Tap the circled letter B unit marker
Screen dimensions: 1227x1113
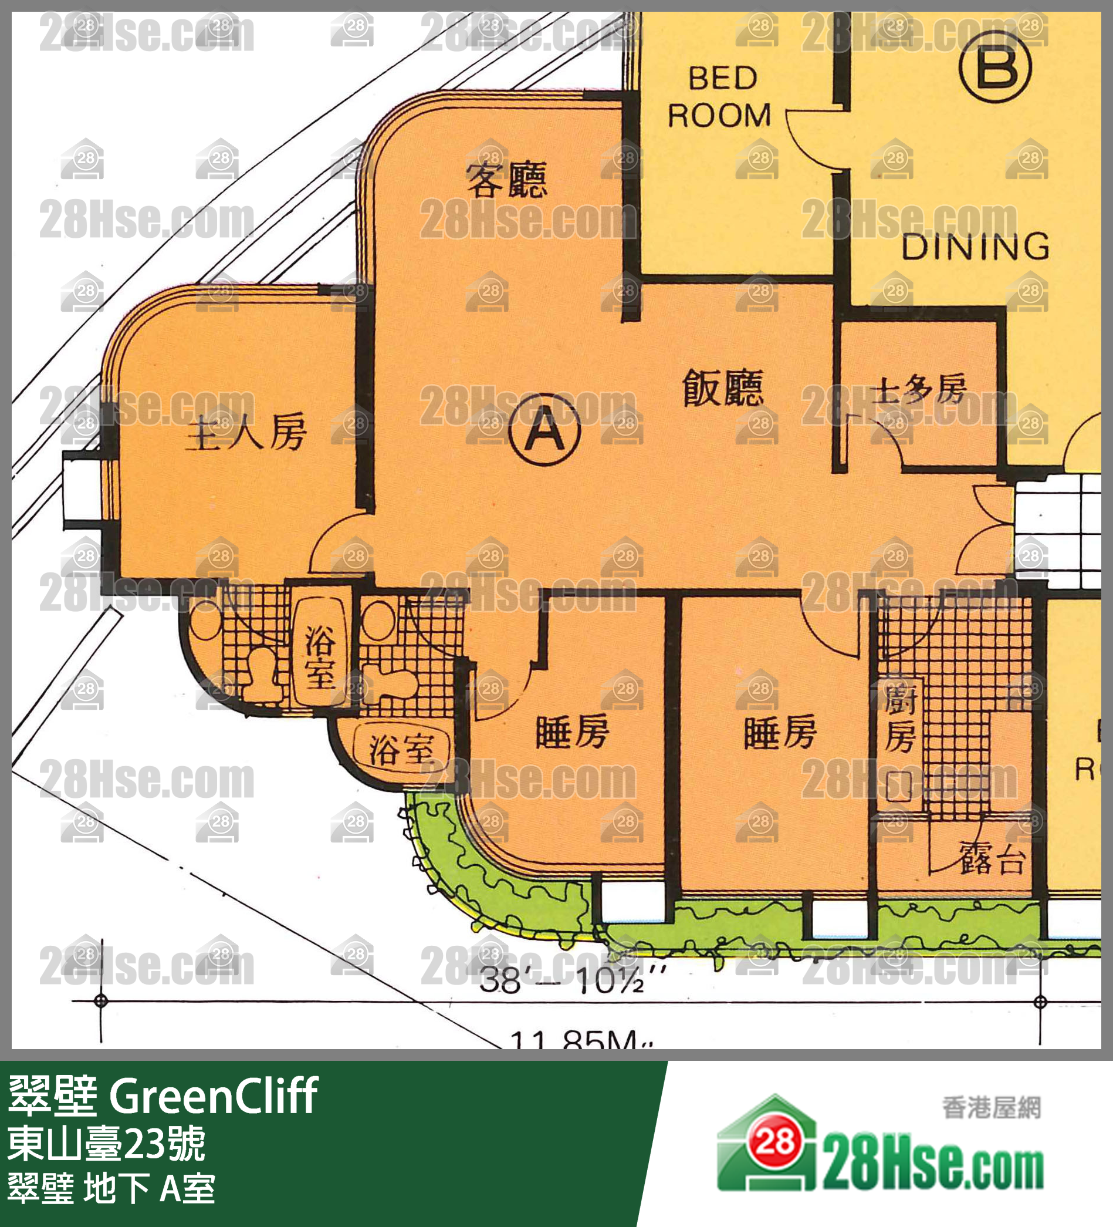pos(995,66)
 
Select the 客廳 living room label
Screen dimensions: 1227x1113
pos(506,179)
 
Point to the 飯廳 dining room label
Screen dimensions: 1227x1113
pos(722,387)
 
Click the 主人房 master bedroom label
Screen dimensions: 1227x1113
pos(246,433)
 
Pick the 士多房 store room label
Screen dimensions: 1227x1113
pos(919,389)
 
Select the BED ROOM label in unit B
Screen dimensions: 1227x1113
pos(720,97)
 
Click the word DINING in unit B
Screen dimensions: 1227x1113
pos(975,247)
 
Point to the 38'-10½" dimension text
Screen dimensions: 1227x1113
pos(572,980)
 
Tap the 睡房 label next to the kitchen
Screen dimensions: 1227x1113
pos(780,732)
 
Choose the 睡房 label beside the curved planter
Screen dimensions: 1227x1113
pos(572,732)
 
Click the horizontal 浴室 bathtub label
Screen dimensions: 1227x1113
pos(401,748)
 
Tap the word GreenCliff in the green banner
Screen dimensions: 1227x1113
pos(213,1096)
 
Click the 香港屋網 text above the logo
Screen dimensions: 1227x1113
pos(992,1108)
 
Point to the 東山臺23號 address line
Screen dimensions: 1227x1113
pos(106,1144)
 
